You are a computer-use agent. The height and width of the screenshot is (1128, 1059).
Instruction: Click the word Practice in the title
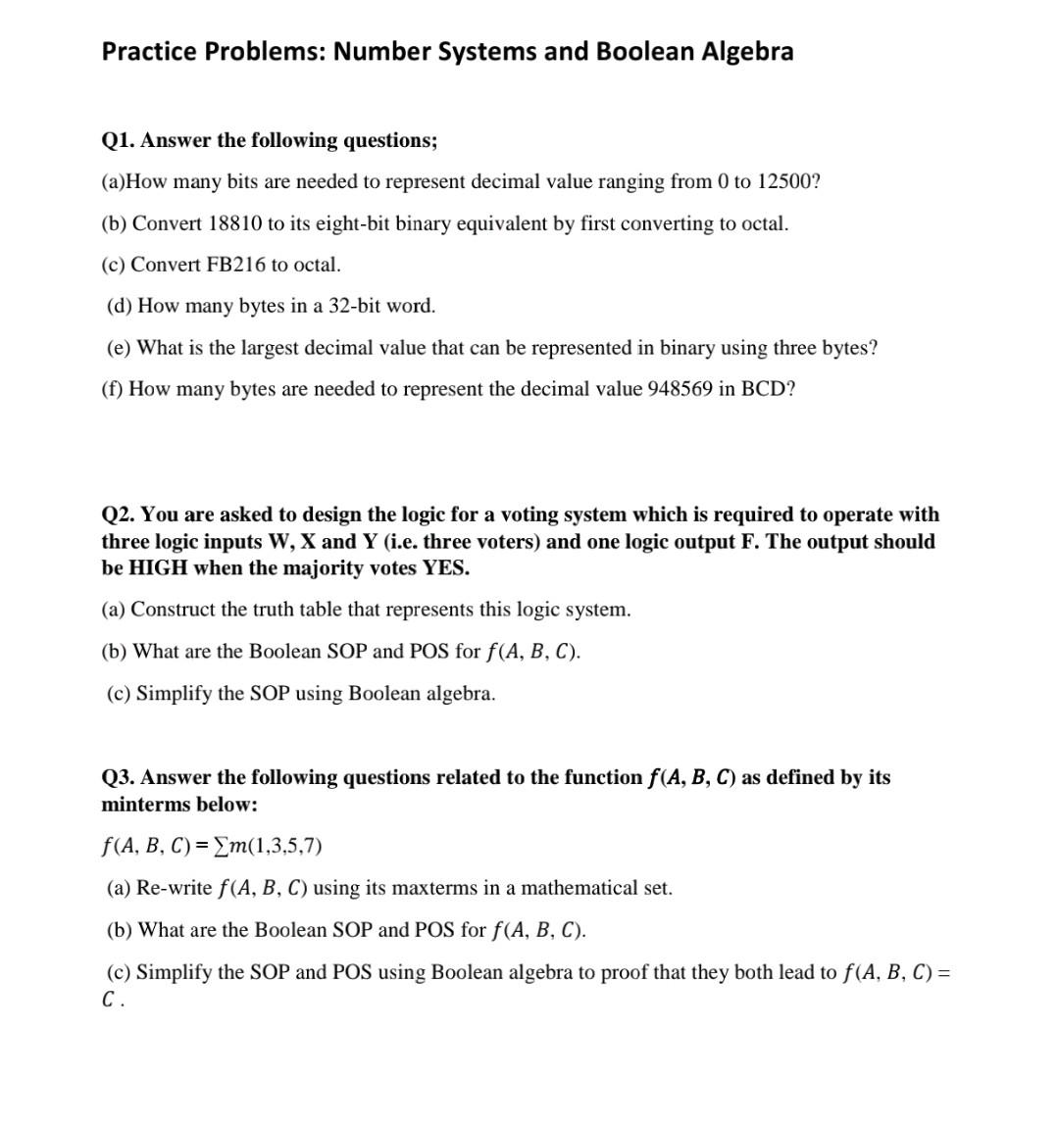pyautogui.click(x=150, y=52)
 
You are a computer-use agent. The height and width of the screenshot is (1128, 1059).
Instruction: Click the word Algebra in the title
pyautogui.click(x=747, y=52)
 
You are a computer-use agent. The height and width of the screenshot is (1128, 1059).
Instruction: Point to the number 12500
pyautogui.click(x=786, y=182)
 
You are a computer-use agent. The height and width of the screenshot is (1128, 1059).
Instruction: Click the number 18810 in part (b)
pyautogui.click(x=235, y=223)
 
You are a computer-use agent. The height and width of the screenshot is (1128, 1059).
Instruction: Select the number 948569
pyautogui.click(x=680, y=389)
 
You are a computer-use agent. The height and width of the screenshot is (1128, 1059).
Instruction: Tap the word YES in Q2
pyautogui.click(x=445, y=568)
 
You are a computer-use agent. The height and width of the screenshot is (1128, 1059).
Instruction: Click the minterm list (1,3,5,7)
pyautogui.click(x=286, y=846)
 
